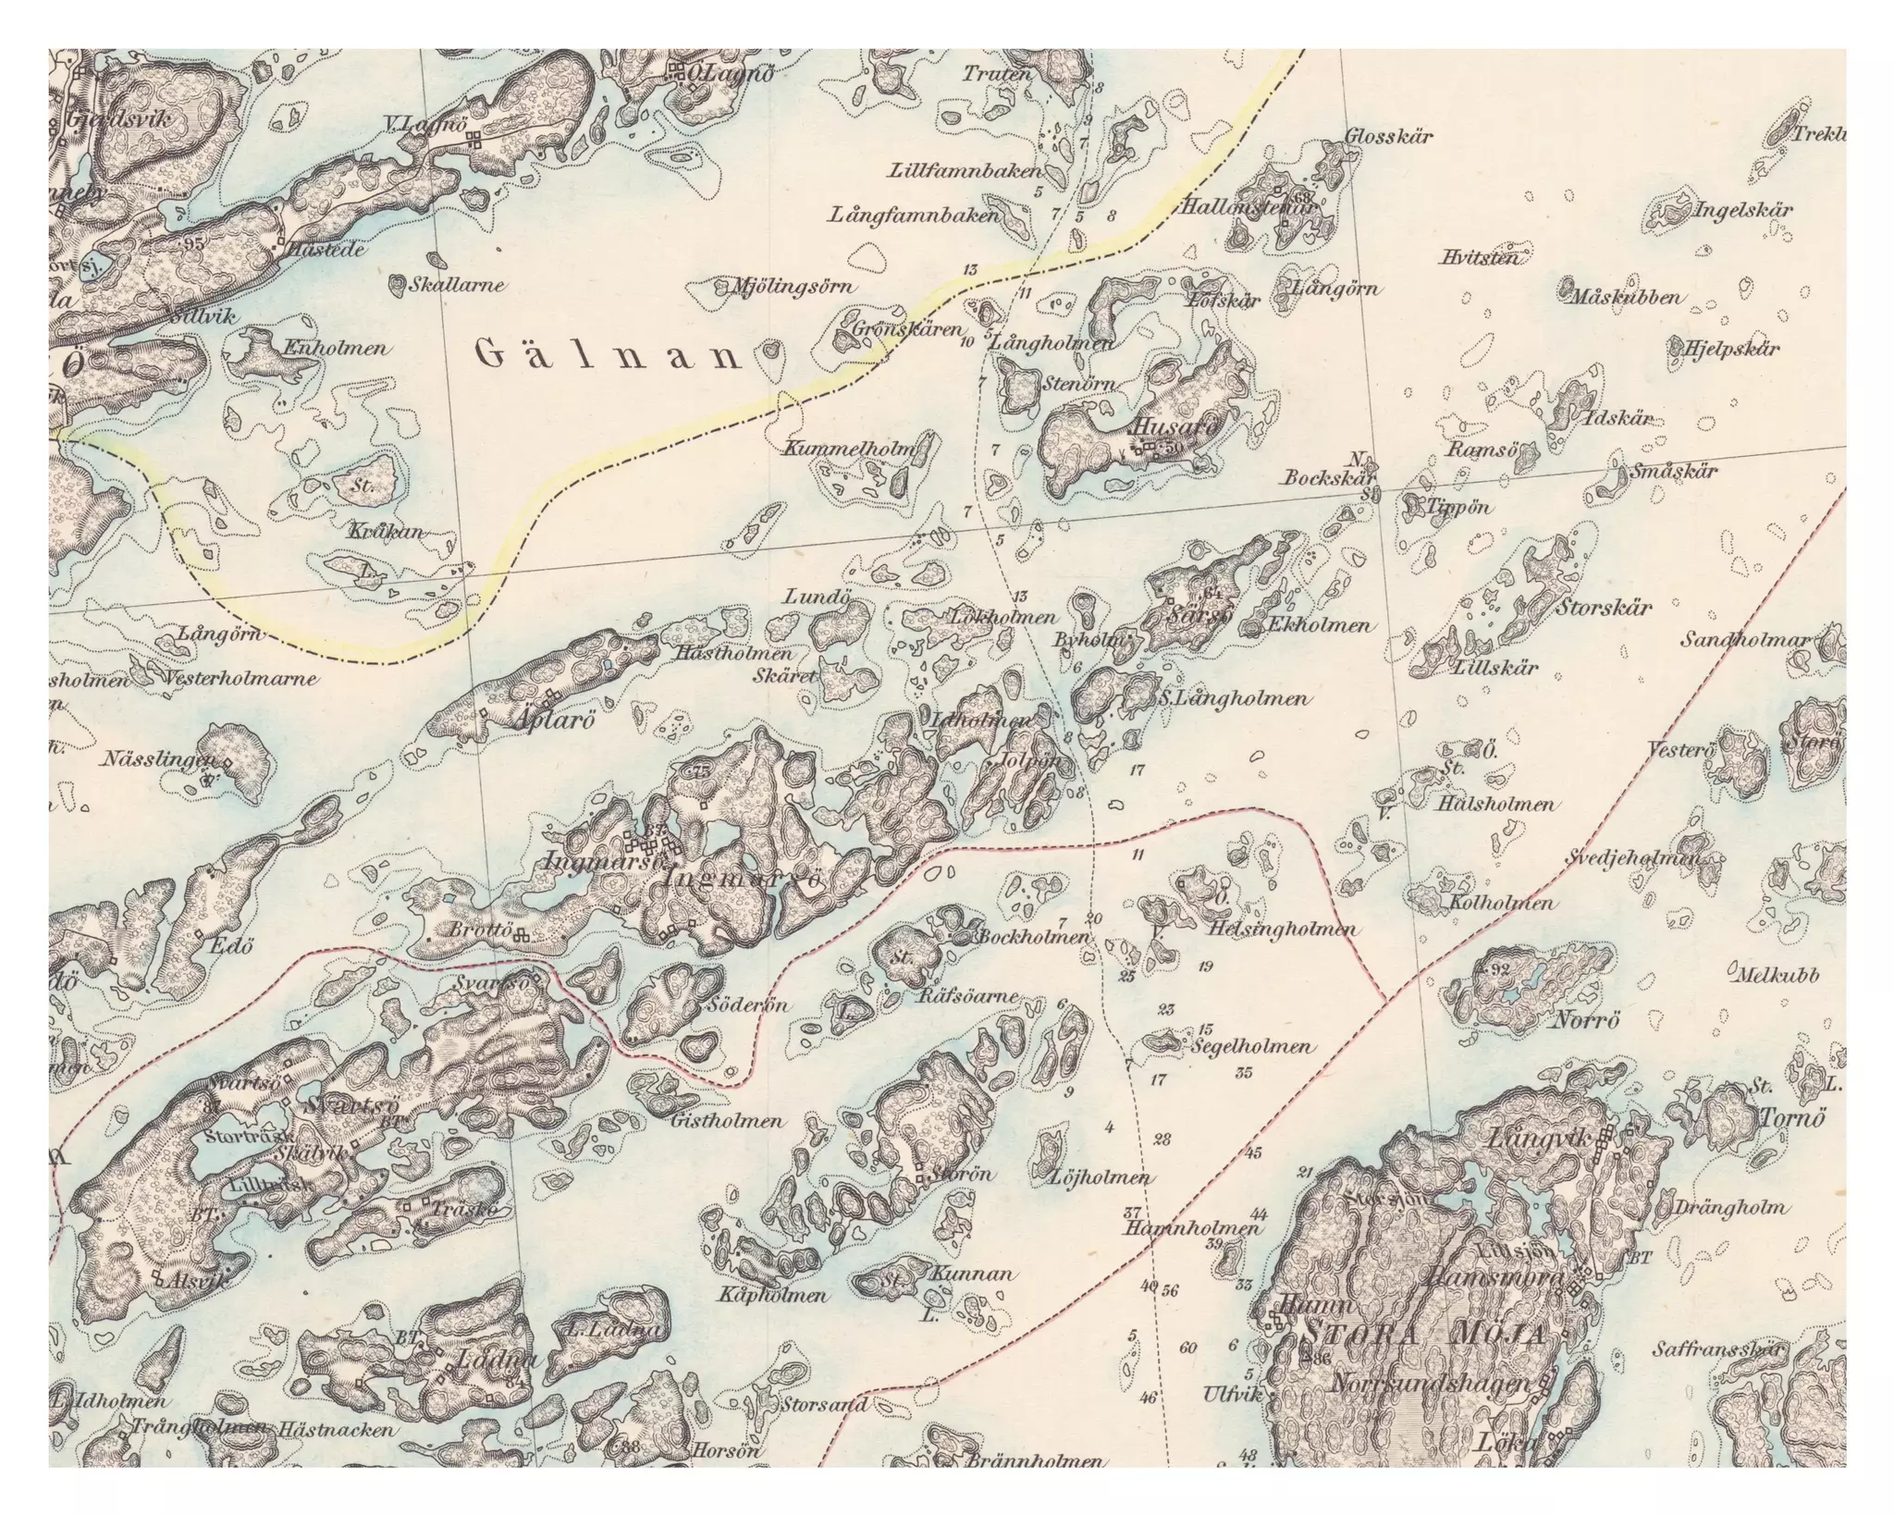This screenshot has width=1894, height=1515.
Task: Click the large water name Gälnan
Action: [x=609, y=355]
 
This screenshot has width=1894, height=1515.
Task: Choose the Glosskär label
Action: [x=1388, y=136]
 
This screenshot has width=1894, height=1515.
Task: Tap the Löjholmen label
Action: [x=1101, y=1177]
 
